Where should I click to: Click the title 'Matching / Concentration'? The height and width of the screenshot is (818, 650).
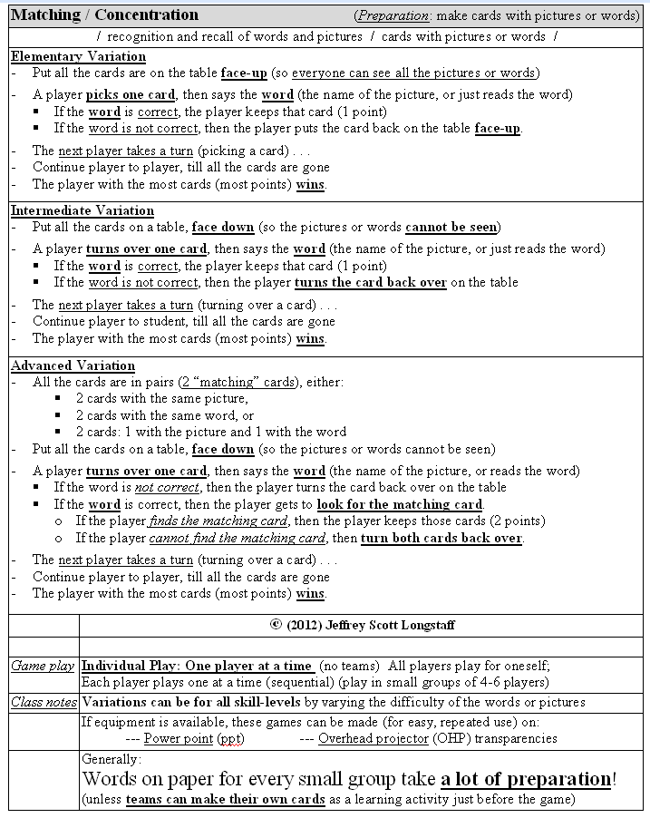click(104, 15)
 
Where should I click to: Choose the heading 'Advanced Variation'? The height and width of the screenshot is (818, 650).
click(73, 365)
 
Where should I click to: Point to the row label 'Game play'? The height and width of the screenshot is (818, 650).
click(43, 666)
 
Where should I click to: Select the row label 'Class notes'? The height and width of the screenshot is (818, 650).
click(44, 702)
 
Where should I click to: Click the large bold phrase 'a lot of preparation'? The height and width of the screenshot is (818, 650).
click(527, 779)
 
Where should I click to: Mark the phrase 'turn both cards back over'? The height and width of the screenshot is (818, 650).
click(441, 538)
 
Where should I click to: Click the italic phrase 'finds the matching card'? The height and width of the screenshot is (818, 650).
click(218, 521)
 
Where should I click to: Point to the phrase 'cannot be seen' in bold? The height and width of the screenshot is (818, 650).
click(451, 227)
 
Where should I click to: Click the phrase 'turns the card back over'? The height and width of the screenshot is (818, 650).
click(370, 282)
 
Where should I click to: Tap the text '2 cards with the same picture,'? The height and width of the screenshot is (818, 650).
click(161, 398)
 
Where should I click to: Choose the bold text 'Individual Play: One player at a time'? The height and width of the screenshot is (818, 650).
click(198, 666)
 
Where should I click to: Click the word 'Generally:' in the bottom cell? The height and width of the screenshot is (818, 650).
click(112, 758)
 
